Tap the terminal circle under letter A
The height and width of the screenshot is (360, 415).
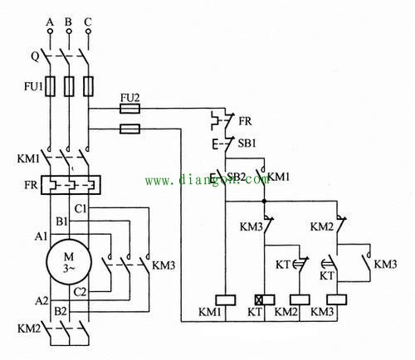point(50,32)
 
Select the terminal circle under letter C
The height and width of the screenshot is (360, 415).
point(88,32)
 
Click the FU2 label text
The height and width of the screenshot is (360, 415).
point(130,98)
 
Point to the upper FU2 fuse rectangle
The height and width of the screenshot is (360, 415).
point(130,109)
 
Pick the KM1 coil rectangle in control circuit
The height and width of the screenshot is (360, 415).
point(226,300)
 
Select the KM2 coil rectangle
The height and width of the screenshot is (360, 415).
point(300,300)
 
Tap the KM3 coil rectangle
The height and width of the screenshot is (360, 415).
point(337,299)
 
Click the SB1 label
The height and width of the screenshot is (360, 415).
point(247,144)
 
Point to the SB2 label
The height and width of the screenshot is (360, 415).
point(237,177)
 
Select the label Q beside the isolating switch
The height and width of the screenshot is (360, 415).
point(35,57)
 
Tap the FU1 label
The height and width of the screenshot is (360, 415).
point(33,86)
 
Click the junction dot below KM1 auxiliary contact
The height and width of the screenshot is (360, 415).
point(265,201)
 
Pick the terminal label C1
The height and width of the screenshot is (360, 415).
point(81,209)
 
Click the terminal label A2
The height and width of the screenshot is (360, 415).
point(41,301)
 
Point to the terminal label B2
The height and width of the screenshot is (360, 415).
point(61,312)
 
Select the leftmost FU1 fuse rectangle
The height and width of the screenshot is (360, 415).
point(50,86)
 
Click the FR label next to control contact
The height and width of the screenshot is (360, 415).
point(246,121)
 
